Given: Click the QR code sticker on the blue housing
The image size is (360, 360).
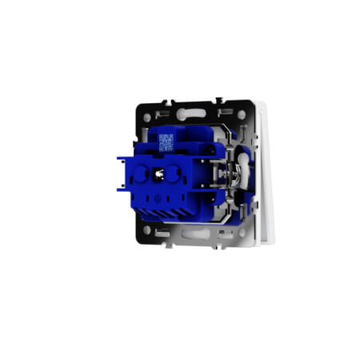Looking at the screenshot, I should tap(166, 142).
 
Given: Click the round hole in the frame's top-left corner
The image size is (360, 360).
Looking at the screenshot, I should tap(147, 118).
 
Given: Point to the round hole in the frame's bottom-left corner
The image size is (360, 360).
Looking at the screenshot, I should tap(148, 229).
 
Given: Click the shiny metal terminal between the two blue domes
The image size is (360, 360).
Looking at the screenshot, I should tap(159, 174).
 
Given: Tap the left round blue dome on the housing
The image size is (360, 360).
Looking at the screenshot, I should tap(145, 173).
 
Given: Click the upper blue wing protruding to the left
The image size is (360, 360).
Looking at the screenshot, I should tap(124, 164).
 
